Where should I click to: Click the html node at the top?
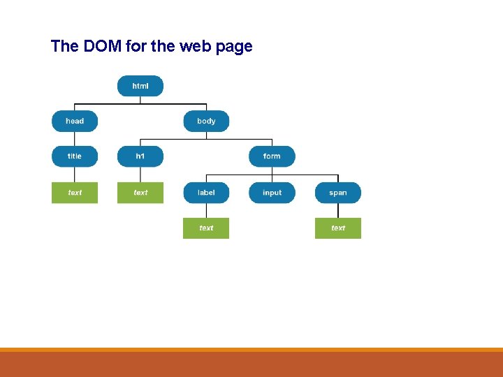tap(140, 86)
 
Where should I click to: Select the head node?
tap(75, 121)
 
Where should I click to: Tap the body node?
tap(206, 121)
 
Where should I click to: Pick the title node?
tap(75, 156)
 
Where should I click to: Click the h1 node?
tap(140, 156)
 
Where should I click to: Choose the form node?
tap(272, 156)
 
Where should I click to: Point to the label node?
tap(206, 193)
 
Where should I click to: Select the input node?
tap(272, 193)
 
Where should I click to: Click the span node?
tap(338, 193)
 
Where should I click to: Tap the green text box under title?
tap(75, 193)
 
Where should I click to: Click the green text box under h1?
tap(140, 193)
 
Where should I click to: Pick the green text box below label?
tap(206, 228)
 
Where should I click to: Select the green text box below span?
tap(338, 228)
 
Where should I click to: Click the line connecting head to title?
tap(75, 138)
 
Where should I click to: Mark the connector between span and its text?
tap(338, 210)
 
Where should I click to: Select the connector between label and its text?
tap(206, 210)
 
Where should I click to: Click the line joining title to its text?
tap(75, 175)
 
